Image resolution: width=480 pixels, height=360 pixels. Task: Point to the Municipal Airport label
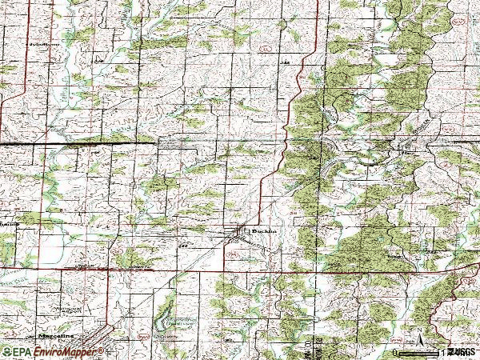[68, 308]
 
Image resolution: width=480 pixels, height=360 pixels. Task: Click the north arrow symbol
[417, 336]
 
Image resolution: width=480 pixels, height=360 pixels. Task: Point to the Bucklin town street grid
[239, 234]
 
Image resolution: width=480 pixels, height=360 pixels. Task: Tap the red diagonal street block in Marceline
[92, 339]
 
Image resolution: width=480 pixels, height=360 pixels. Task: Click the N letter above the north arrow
[417, 328]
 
